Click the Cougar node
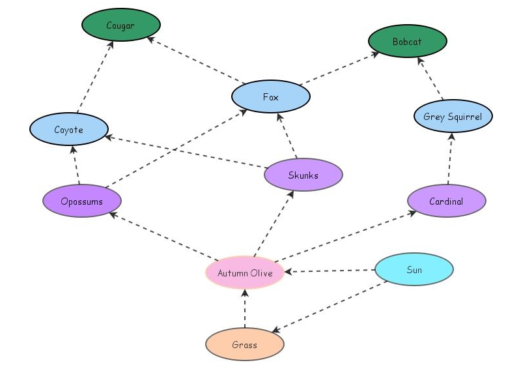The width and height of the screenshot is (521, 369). [x=120, y=25]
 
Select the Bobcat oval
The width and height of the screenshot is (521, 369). [x=407, y=42]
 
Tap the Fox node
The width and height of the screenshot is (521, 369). [x=270, y=97]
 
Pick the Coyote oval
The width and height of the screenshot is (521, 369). [x=68, y=130]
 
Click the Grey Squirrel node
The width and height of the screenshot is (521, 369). [x=453, y=117]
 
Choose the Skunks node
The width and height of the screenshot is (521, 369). [x=303, y=175]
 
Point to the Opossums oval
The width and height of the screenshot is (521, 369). [x=81, y=201]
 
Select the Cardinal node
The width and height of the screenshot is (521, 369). [x=446, y=201]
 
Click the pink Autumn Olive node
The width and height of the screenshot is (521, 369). [x=245, y=273]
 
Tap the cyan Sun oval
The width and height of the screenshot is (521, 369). [x=414, y=270]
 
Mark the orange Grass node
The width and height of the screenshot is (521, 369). [x=244, y=345]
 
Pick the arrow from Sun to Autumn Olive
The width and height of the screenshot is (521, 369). [x=330, y=271]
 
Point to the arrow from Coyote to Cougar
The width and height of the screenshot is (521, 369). [x=95, y=77]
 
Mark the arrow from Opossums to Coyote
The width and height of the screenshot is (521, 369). [x=76, y=166]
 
